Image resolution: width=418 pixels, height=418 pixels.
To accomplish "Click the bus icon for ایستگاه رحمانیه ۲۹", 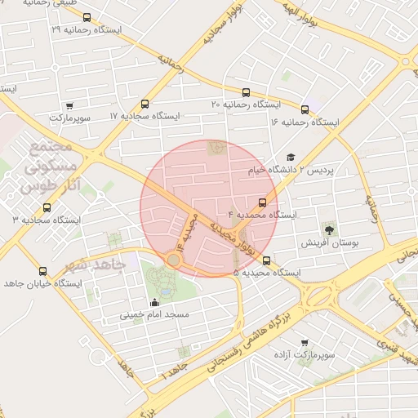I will coord(87,17).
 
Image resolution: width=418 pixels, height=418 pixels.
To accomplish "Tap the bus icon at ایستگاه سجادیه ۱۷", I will coord(145,104).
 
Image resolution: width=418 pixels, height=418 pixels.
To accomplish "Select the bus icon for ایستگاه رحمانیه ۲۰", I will coord(247,92).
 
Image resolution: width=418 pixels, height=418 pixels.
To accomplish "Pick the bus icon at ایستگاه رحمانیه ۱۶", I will coord(305,109).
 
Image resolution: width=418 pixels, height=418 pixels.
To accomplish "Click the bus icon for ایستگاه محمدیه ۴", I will coord(262,202).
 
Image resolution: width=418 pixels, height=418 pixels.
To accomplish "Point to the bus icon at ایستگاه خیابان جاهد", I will coord(42,271).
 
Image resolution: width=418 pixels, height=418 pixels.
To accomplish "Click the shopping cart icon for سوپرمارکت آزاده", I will coord(305,343).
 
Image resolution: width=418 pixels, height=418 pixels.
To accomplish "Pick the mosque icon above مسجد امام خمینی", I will coord(155,303).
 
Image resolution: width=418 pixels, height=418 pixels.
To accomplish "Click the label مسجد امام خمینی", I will coord(155,314).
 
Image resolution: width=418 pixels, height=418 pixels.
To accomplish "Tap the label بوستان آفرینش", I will coord(330,243).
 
